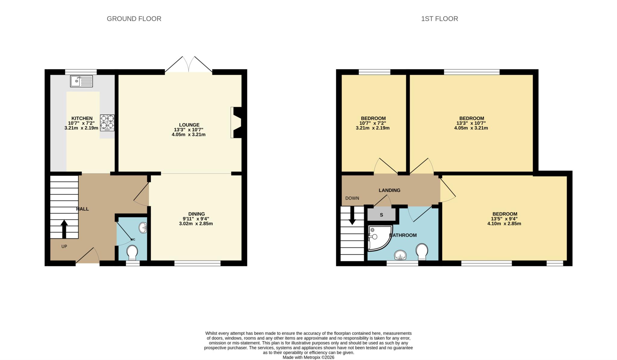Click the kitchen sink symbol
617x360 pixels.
[81, 81]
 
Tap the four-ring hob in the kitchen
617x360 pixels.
[107, 122]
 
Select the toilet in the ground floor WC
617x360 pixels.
[132, 252]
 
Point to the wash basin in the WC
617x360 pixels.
[143, 228]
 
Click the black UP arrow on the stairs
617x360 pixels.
[64, 229]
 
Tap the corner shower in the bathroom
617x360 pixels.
[378, 238]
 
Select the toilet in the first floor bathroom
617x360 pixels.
[422, 251]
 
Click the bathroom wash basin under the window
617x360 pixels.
[400, 255]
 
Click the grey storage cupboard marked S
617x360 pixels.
[381, 215]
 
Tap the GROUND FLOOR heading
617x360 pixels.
[134, 19]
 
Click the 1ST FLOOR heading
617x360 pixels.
[439, 19]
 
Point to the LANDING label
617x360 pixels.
[389, 190]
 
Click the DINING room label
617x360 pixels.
[196, 214]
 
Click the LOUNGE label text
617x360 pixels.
[189, 125]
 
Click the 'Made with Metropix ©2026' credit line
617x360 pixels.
[308, 357]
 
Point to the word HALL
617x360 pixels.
[82, 209]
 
